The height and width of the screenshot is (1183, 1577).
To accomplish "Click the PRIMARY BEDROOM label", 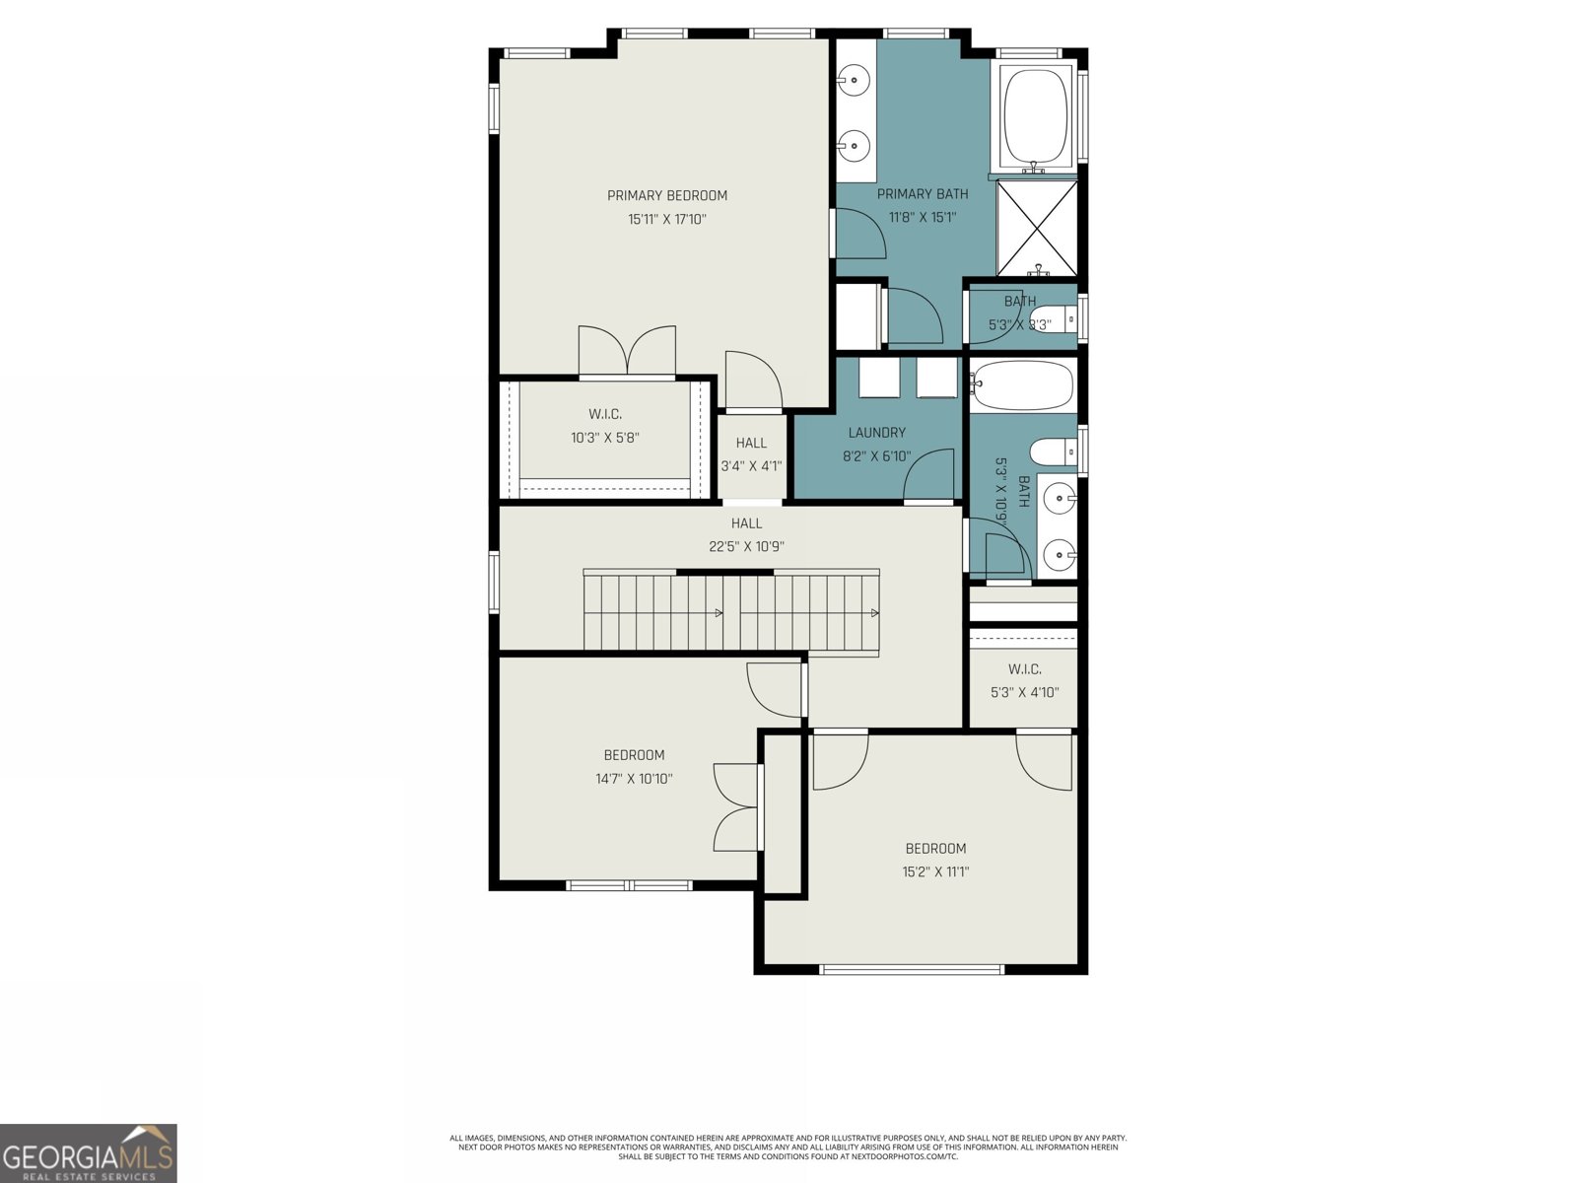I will click(666, 195).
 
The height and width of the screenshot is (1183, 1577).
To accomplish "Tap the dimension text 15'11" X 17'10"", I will click(666, 219).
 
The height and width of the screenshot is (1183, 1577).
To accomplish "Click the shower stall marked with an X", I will click(1037, 227).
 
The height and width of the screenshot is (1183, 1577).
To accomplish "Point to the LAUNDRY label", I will click(876, 432).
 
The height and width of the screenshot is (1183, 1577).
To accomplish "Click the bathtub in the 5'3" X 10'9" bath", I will click(1022, 385).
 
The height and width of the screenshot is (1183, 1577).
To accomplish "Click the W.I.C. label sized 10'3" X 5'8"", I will click(605, 414).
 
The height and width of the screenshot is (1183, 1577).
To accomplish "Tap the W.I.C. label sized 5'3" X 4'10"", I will click(1024, 669).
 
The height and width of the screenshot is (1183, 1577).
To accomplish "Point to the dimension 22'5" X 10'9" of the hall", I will click(746, 546).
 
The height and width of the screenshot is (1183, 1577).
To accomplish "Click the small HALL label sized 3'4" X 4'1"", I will click(751, 443).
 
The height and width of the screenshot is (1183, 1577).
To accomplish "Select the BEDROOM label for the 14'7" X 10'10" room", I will click(634, 755).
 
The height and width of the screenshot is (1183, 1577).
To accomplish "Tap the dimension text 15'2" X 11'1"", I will click(935, 871).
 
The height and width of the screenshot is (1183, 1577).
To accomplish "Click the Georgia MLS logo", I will click(89, 1152).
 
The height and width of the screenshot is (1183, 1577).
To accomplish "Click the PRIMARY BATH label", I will click(923, 194).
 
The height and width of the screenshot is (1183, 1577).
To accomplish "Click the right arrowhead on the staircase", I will click(874, 613).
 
